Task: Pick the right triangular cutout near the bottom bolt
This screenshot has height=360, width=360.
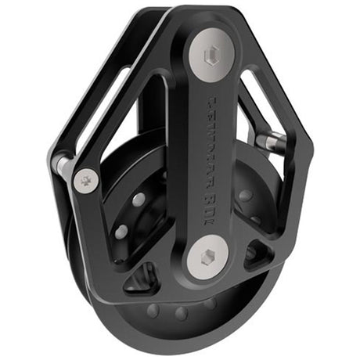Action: [x=257, y=251]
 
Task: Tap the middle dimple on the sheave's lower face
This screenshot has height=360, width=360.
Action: [x=182, y=314]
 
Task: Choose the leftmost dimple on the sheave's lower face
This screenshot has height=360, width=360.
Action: [x=154, y=310]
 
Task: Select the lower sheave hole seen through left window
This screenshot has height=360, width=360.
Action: [x=121, y=232]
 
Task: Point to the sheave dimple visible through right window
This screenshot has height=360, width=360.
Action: [x=246, y=195]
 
